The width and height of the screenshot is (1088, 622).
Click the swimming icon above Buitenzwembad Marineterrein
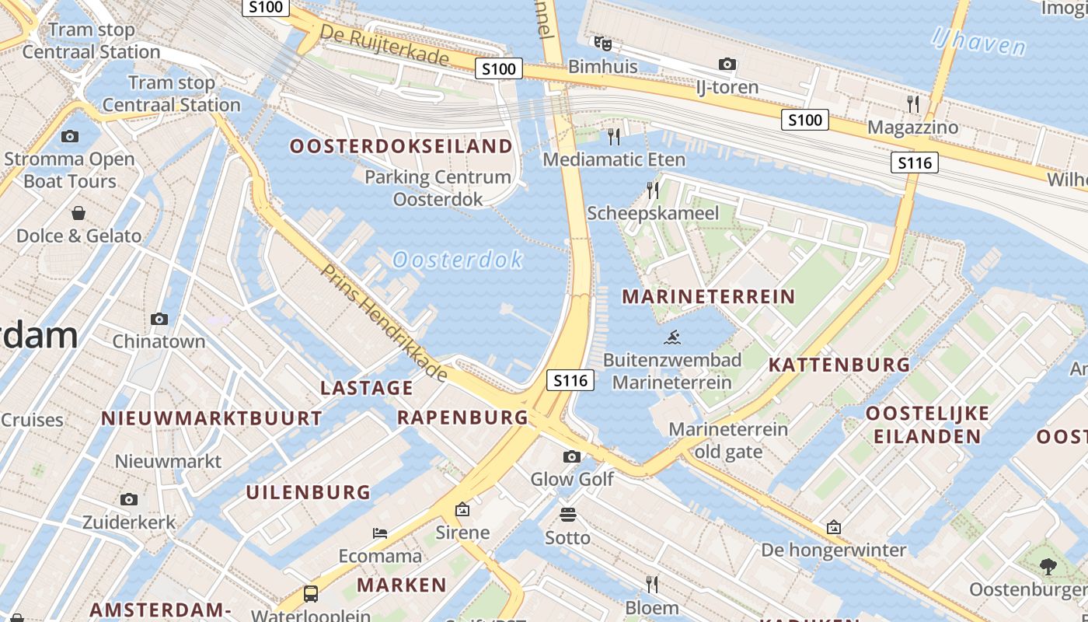click(x=673, y=337)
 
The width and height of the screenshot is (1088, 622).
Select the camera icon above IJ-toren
click(x=727, y=64)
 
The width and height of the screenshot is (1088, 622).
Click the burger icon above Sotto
click(x=568, y=515)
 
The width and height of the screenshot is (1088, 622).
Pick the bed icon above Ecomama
click(x=380, y=533)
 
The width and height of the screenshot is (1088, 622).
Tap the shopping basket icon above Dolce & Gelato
click(x=78, y=213)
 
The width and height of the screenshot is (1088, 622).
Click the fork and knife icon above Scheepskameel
click(x=653, y=190)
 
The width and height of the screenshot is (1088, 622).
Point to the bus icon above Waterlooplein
click(x=311, y=594)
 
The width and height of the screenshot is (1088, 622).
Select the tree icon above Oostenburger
click(x=1048, y=566)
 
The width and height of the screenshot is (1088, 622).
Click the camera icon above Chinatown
click(x=159, y=319)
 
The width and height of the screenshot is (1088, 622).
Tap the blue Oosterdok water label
click(x=458, y=260)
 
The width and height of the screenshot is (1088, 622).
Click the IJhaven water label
click(x=979, y=40)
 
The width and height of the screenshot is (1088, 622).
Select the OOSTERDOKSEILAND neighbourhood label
click(x=401, y=146)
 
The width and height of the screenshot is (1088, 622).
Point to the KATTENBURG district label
click(x=839, y=365)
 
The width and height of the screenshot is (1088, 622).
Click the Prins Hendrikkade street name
click(x=385, y=323)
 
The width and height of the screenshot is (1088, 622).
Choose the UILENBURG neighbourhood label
click(x=309, y=492)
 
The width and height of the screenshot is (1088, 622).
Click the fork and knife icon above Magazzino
click(x=913, y=103)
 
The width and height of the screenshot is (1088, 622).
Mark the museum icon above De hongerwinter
click(x=834, y=527)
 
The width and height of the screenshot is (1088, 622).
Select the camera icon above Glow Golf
click(x=572, y=456)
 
